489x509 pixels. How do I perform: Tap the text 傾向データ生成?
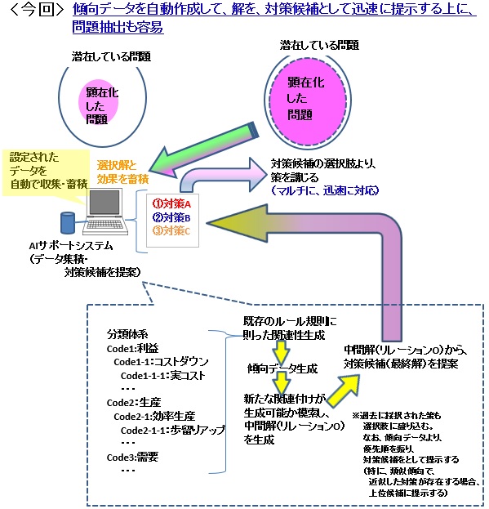[x=279, y=369]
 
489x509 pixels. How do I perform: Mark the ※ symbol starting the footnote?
[x=355, y=416]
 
